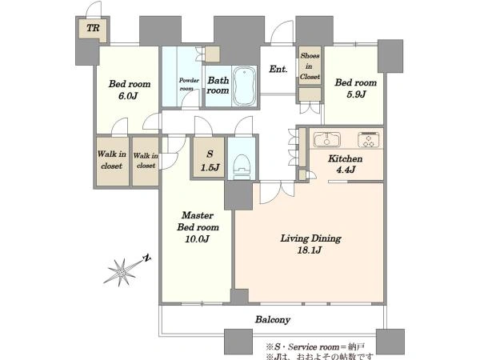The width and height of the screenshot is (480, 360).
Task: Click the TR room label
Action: [93, 28]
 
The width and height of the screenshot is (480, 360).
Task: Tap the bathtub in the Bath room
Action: [244, 86]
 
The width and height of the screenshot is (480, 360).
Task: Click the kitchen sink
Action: [327, 139]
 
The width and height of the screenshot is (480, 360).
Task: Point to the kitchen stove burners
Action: [369, 140]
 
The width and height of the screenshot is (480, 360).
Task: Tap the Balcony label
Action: [273, 319]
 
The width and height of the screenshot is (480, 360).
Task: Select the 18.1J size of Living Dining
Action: [310, 250]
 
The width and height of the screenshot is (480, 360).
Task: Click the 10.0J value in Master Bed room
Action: [197, 238]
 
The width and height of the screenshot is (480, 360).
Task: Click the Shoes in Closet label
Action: [310, 66]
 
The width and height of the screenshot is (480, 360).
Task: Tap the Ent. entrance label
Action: [278, 69]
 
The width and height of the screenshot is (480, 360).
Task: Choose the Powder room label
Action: [189, 84]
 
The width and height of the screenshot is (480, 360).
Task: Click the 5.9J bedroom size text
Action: [356, 94]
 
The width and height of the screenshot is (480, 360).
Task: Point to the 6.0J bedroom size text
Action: [128, 96]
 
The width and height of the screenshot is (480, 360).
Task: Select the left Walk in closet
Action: [112, 161]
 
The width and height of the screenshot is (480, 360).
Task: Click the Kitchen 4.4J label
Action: [346, 164]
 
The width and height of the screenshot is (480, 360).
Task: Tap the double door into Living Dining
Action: [277, 193]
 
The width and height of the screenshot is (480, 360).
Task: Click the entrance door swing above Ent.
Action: [282, 33]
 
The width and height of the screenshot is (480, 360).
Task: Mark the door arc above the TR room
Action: [94, 9]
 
